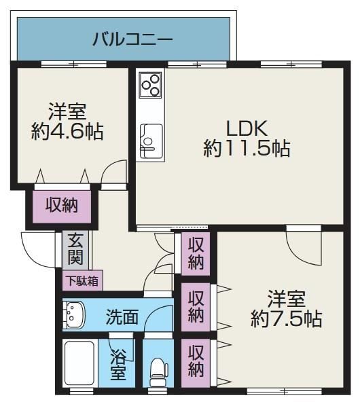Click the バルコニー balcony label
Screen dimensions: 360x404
click(132, 39)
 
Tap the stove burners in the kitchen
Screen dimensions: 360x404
click(151, 85)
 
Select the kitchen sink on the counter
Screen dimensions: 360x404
click(151, 141)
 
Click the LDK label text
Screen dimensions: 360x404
click(247, 128)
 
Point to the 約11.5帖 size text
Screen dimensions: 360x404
click(247, 149)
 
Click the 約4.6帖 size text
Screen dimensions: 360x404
click(67, 132)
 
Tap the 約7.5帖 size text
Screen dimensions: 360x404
click(286, 319)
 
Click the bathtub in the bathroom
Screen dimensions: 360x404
click(79, 363)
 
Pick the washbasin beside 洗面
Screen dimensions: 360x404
click(73, 315)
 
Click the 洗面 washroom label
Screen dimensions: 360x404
click(122, 316)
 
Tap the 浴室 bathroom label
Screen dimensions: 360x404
click(118, 365)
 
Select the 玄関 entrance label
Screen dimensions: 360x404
click(75, 249)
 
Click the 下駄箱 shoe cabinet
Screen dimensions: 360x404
click(82, 280)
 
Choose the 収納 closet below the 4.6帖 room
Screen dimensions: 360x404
click(62, 206)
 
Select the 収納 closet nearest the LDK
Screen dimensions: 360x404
click(196, 254)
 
